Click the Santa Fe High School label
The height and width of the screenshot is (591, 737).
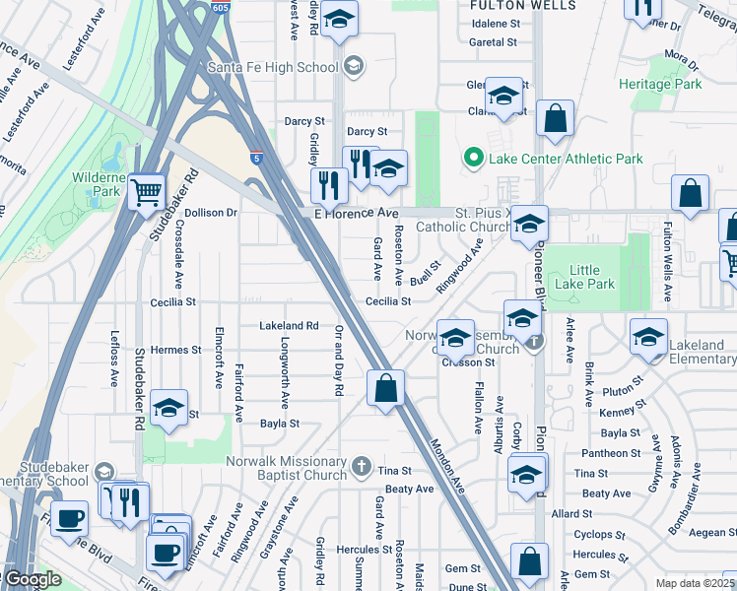[272, 67]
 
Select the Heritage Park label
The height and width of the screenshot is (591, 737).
[660, 85]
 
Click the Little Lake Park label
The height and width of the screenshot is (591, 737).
[591, 277]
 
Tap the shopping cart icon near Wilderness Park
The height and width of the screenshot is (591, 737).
[147, 190]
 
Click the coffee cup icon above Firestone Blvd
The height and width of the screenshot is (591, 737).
[69, 518]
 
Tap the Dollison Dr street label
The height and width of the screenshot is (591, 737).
[211, 212]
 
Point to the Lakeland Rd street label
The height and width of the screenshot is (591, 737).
[289, 325]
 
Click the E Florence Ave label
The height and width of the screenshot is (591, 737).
[356, 213]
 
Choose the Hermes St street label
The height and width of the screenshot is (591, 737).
[175, 350]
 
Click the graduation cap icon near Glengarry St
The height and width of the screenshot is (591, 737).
[503, 96]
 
